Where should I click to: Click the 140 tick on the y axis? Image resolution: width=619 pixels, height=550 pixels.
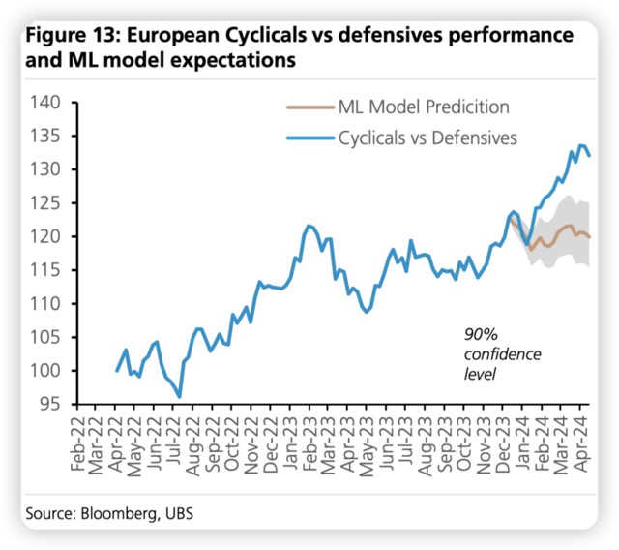(45, 103)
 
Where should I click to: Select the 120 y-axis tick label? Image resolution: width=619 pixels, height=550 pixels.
(45, 236)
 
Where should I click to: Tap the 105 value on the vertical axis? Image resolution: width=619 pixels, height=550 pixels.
(45, 337)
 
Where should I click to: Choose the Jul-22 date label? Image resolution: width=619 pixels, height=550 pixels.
(176, 446)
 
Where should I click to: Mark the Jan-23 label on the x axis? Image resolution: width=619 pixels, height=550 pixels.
(291, 446)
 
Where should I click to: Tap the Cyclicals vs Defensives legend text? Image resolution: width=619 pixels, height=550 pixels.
(427, 137)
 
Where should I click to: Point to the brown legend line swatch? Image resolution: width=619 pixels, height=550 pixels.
(308, 107)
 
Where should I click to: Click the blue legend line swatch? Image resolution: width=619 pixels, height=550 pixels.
(308, 137)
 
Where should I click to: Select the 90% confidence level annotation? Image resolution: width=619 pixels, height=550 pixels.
(488, 352)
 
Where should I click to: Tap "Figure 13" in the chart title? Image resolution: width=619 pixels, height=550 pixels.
(71, 36)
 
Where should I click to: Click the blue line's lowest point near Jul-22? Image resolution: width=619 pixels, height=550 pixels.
(180, 396)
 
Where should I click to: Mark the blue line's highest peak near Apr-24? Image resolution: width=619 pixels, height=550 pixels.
(581, 146)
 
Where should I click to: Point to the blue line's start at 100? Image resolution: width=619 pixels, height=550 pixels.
(117, 370)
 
